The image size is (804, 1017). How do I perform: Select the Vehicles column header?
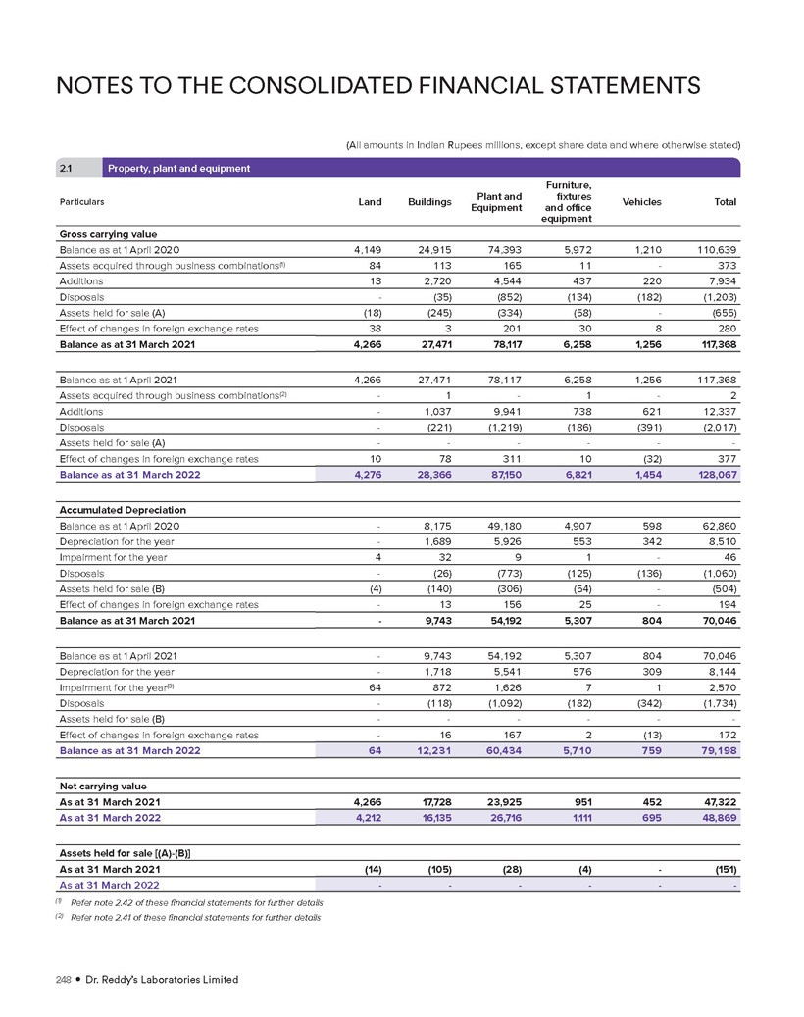[641, 202]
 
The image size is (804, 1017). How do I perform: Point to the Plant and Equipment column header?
[496, 202]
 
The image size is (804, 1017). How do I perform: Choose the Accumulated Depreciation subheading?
[123, 510]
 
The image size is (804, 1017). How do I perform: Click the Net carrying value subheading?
[102, 785]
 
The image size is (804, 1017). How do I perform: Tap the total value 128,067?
[716, 475]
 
